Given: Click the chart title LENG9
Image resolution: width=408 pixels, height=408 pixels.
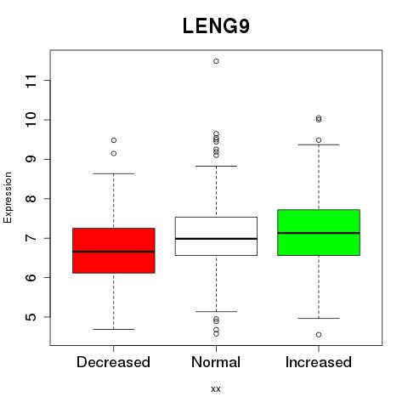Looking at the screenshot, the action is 216,25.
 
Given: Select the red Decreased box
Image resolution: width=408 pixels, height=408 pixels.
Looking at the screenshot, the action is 114,251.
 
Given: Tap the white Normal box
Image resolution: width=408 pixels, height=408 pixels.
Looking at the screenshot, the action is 216,236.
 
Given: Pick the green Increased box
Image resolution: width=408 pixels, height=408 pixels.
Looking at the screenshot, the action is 319,232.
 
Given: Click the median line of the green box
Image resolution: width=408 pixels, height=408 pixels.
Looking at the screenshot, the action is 319,233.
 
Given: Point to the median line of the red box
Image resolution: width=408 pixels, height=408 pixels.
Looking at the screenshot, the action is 114,252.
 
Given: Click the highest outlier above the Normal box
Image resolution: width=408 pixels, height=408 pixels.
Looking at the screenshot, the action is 216,61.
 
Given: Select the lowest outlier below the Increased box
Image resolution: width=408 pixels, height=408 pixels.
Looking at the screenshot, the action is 319,335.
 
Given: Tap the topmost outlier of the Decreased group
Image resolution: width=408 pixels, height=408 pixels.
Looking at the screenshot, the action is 114,140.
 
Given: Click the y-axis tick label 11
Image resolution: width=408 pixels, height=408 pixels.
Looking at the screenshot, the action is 31,81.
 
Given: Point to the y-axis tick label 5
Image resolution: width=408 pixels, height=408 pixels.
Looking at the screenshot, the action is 31,317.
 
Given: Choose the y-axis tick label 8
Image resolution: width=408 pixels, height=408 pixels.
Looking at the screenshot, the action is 31,199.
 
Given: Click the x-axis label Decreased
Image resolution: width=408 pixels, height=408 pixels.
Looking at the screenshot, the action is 113,362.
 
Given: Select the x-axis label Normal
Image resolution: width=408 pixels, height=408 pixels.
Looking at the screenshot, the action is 216,362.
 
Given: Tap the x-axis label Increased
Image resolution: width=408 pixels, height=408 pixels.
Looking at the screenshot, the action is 319,362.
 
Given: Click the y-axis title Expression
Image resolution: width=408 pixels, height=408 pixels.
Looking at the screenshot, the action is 8,197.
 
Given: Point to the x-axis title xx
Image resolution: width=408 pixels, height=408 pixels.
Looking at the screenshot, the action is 216,389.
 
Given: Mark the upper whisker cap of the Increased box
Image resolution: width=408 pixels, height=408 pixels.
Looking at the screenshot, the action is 319,144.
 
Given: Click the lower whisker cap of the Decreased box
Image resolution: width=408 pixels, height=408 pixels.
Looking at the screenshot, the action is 114,329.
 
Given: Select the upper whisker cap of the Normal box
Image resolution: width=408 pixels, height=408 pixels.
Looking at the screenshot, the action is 216,166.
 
